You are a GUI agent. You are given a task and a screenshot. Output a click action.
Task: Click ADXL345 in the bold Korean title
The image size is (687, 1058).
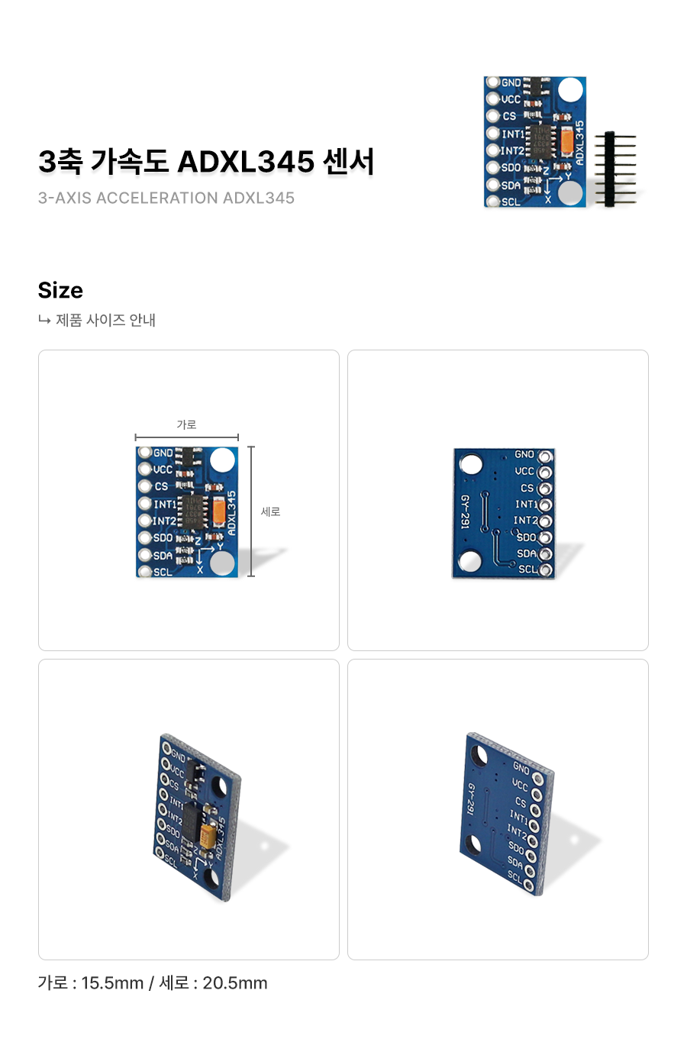pos(246,162)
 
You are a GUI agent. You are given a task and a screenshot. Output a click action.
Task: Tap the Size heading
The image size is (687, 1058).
pos(60,290)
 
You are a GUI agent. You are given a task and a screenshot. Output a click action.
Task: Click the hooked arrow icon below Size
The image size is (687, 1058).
pos(44,320)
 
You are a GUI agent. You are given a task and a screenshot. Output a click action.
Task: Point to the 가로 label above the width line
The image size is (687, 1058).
pos(186,424)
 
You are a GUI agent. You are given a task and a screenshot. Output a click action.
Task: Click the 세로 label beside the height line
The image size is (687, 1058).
pos(271,511)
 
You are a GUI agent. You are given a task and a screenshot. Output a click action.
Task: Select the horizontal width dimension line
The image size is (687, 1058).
pos(187,437)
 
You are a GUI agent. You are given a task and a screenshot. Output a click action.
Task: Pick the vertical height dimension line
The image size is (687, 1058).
pos(251,511)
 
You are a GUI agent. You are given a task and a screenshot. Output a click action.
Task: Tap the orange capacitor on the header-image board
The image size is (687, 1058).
pos(567,140)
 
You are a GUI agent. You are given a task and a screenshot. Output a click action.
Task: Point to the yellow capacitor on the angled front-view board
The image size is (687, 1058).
pos(208,832)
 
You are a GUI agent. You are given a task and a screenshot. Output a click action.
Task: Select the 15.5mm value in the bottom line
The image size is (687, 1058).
pos(112,983)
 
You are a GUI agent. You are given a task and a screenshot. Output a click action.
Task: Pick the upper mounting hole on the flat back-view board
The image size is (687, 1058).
pos(471,464)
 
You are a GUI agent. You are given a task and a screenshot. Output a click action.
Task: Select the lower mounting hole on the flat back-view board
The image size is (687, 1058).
pos(471,563)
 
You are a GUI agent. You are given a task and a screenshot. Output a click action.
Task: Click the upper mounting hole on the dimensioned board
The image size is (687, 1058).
pos(222,460)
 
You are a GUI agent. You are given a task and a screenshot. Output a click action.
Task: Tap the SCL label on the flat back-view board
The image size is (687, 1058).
pos(527,569)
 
